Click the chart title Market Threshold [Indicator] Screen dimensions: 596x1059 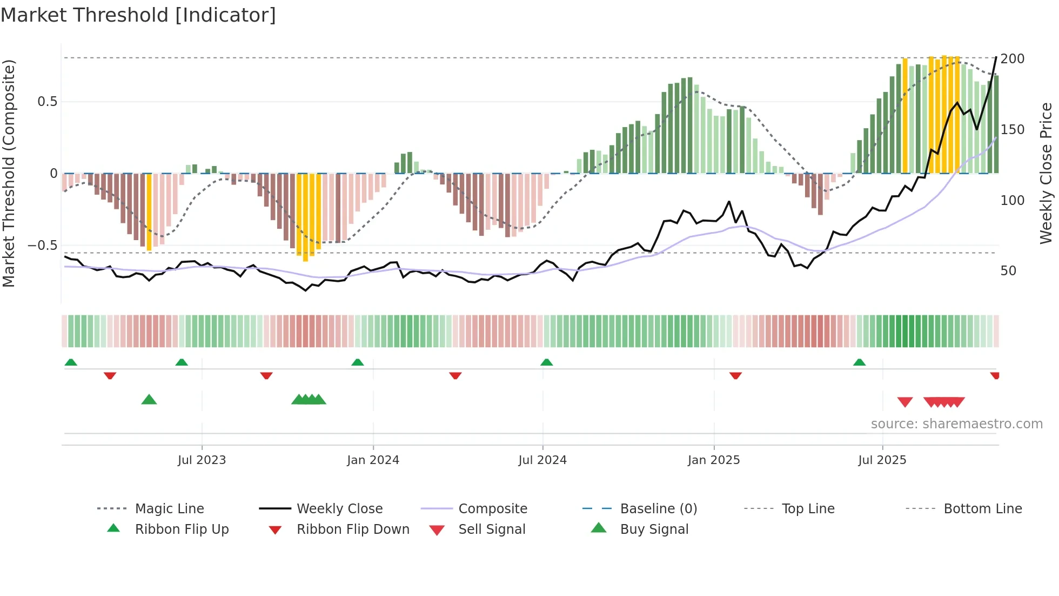pyautogui.click(x=138, y=15)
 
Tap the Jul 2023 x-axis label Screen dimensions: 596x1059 pyautogui.click(x=202, y=460)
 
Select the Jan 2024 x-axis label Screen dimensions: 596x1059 pyautogui.click(x=373, y=460)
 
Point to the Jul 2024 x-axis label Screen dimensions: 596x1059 pyautogui.click(x=542, y=460)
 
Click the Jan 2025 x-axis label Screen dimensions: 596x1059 pyautogui.click(x=714, y=460)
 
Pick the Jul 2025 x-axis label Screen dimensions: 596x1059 pyautogui.click(x=882, y=460)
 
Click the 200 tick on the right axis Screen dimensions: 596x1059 pyautogui.click(x=1012, y=59)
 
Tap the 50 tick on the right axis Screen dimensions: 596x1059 pyautogui.click(x=1008, y=271)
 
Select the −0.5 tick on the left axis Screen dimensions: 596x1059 pyautogui.click(x=43, y=246)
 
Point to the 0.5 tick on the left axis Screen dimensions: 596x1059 pyautogui.click(x=47, y=102)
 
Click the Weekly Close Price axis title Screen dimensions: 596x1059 pyautogui.click(x=1046, y=173)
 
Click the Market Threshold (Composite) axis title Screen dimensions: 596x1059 pyautogui.click(x=9, y=173)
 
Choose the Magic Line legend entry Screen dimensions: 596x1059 pyautogui.click(x=169, y=509)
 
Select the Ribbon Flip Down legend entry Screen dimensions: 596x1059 pyautogui.click(x=353, y=529)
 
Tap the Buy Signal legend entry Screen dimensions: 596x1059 pyautogui.click(x=654, y=529)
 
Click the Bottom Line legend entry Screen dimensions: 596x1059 pyautogui.click(x=982, y=509)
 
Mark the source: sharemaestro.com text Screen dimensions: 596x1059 pyautogui.click(x=956, y=424)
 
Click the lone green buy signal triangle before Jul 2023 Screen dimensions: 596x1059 pyautogui.click(x=149, y=400)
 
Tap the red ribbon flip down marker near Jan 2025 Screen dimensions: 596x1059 pyautogui.click(x=735, y=375)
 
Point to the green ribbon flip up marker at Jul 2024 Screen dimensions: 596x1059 pyautogui.click(x=546, y=362)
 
